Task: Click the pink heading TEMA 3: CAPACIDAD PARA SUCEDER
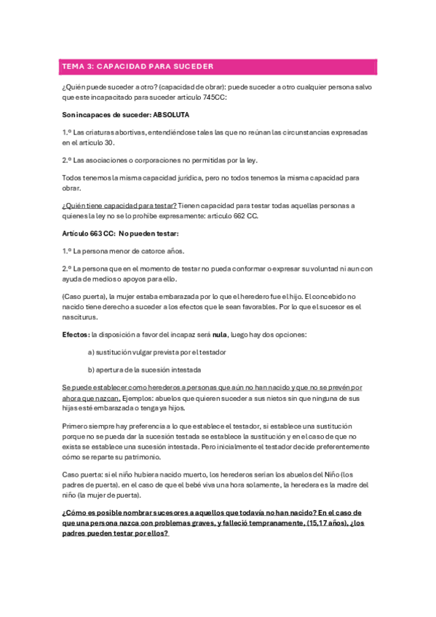click(138, 66)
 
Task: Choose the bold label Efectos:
click(76, 334)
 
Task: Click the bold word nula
click(220, 334)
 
